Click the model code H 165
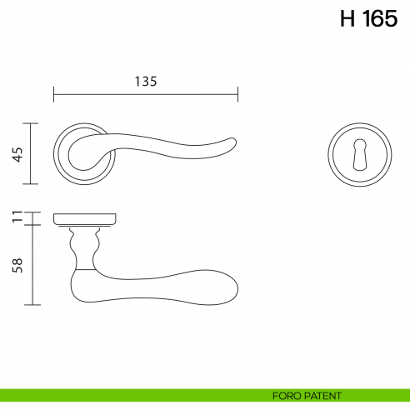point(368,19)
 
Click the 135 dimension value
point(145,81)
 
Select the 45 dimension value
point(17,153)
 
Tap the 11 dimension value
point(17,218)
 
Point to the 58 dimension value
point(17,265)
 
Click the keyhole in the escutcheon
point(359,154)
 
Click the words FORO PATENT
point(307,396)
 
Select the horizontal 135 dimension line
point(145,93)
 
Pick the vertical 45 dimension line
point(32,153)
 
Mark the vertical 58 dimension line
point(32,265)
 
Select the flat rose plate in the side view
point(83,219)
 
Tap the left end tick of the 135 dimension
point(53,93)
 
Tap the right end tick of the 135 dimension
point(238,93)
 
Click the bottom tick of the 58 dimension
point(32,305)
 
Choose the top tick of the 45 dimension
point(32,123)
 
